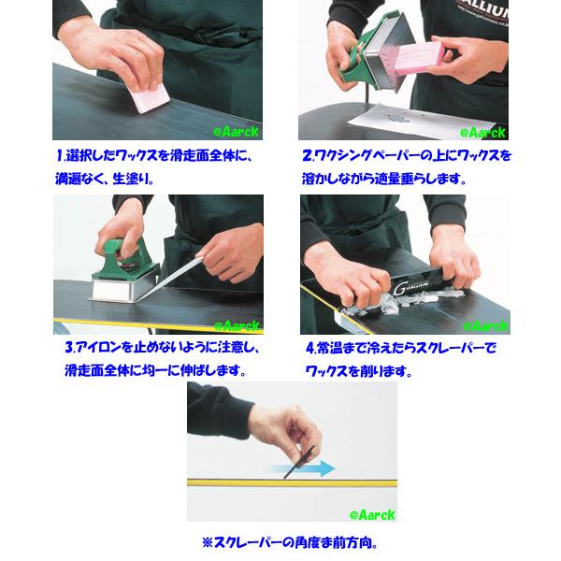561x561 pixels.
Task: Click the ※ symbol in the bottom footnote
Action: tap(207, 541)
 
